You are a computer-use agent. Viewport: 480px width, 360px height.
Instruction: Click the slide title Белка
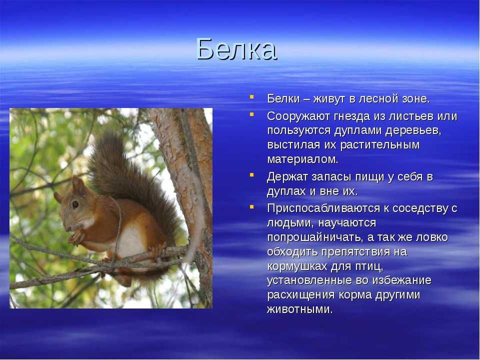pyautogui.click(x=236, y=49)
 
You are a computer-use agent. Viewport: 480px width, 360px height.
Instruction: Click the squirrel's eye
pyautogui.click(x=75, y=204)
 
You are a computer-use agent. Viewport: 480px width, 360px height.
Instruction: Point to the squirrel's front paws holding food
pyautogui.click(x=76, y=236)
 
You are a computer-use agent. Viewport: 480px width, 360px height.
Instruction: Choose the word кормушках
pyautogui.click(x=297, y=266)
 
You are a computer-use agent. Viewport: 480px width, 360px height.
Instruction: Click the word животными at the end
pyautogui.click(x=299, y=309)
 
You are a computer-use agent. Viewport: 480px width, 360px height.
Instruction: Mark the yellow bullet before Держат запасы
pyautogui.click(x=251, y=175)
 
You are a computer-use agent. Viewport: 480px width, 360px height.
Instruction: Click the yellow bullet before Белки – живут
pyautogui.click(x=251, y=96)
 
